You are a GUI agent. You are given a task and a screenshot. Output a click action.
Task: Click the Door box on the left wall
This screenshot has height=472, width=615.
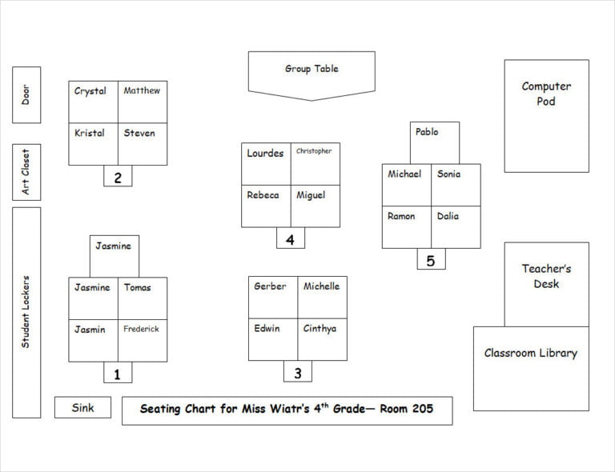[26, 94]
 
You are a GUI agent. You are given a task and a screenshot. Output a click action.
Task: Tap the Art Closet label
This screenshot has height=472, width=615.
[26, 172]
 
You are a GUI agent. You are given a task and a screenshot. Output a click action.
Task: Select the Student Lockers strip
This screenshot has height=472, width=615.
[26, 312]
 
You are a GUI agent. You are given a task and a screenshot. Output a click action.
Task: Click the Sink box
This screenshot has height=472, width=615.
[82, 407]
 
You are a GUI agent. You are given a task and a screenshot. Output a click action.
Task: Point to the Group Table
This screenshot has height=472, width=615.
[312, 72]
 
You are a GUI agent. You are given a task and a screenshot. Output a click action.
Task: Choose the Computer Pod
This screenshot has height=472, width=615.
[546, 115]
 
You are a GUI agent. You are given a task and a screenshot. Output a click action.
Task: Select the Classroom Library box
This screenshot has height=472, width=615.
[530, 368]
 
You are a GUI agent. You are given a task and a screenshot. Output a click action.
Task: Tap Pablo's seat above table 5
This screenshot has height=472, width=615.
[435, 142]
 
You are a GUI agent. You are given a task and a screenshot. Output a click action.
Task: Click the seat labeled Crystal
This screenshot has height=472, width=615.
[93, 102]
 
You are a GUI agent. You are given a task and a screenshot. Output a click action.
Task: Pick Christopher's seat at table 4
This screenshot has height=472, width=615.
[315, 164]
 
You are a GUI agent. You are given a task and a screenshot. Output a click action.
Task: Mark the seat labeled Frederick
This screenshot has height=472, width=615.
[143, 340]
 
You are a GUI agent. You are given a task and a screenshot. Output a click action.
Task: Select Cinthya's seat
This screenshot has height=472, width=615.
[322, 339]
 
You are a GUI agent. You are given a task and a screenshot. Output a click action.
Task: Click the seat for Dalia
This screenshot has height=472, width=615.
[456, 227]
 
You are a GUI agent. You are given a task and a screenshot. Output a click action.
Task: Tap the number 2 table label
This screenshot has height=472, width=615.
[118, 178]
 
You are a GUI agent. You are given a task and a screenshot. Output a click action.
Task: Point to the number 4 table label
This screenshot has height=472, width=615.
[290, 239]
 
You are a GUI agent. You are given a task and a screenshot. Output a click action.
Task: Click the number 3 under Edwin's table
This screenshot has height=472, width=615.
[297, 372]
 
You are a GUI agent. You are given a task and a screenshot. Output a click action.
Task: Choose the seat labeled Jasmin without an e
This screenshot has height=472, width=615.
[93, 340]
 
